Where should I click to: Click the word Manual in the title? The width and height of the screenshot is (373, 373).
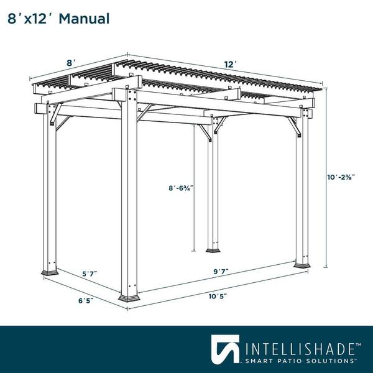(x=84, y=19)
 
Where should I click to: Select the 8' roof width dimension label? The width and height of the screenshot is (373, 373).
(x=71, y=63)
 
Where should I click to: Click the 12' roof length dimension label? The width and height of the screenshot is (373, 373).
(x=230, y=65)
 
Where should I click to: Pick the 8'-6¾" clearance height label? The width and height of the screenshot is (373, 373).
(x=181, y=188)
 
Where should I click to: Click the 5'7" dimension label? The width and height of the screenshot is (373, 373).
(x=90, y=274)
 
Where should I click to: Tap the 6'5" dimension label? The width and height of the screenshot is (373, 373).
(x=86, y=301)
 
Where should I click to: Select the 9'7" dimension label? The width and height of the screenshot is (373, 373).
(x=221, y=272)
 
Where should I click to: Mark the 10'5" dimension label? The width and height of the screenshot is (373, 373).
(x=218, y=297)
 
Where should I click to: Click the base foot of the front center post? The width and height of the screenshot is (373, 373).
(x=129, y=298)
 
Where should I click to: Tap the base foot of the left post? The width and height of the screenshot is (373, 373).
(x=50, y=272)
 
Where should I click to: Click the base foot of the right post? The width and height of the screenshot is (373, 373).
(x=302, y=265)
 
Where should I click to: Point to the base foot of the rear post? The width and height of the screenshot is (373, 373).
(x=213, y=251)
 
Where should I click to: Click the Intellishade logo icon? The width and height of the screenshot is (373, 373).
(x=225, y=349)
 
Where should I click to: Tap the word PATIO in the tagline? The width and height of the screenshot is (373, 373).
(x=288, y=361)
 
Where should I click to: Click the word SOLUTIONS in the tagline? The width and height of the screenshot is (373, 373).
(x=329, y=361)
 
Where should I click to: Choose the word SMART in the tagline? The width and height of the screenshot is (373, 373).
(x=259, y=361)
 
